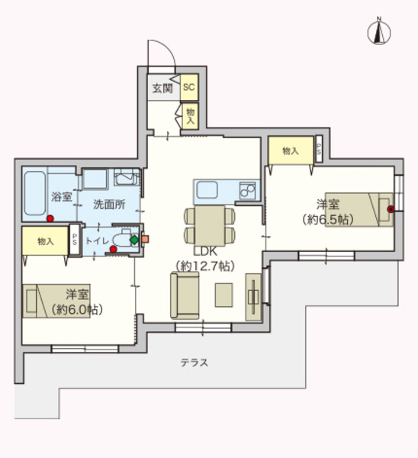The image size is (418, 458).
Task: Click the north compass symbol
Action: [378, 31]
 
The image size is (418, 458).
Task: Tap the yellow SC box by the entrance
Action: [188, 87]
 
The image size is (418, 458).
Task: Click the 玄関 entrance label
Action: [162, 88]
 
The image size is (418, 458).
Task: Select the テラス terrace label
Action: [195, 363]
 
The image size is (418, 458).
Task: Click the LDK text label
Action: [205, 251]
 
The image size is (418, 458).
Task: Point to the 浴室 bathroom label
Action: [61, 197]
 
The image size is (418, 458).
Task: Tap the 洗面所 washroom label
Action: [108, 204]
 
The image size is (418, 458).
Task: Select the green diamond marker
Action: [134, 240]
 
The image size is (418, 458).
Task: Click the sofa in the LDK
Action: [184, 296]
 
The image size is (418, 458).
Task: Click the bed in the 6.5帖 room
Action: [359, 208]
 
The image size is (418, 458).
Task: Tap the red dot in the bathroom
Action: [50, 219]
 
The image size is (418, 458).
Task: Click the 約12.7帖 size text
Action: [205, 266]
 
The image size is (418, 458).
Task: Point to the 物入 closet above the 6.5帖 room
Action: [290, 150]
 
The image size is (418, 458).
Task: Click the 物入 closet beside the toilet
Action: [45, 240]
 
